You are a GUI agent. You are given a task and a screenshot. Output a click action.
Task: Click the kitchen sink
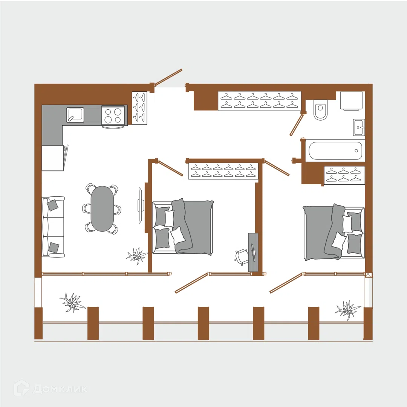point(75,115)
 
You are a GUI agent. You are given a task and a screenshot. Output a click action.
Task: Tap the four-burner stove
point(113,115)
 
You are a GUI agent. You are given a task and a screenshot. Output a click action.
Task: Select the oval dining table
point(102,208)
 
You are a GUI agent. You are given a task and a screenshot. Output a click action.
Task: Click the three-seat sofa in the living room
point(53,227)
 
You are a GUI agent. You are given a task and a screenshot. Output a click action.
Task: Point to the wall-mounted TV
point(141,205)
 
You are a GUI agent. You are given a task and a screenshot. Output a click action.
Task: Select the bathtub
point(335,150)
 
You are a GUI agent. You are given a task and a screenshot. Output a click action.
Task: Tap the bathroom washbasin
point(359,127)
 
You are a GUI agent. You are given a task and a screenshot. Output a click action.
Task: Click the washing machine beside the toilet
point(351,101)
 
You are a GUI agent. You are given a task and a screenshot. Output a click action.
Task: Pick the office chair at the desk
point(241,257)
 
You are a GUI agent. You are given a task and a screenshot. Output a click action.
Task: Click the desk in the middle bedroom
point(253,252)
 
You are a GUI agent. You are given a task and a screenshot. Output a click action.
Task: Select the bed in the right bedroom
point(334,232)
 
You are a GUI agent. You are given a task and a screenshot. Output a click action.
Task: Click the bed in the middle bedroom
point(183,227)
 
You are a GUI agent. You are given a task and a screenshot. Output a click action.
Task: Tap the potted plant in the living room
point(136,256)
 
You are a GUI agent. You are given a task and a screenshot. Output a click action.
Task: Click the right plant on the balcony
point(347,310)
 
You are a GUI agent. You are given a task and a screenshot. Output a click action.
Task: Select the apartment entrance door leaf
point(168,77)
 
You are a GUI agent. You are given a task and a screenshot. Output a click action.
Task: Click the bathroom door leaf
point(297,125)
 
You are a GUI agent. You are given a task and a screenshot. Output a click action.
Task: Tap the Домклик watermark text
point(60,389)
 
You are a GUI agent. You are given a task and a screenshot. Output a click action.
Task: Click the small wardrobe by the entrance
point(139,108)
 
